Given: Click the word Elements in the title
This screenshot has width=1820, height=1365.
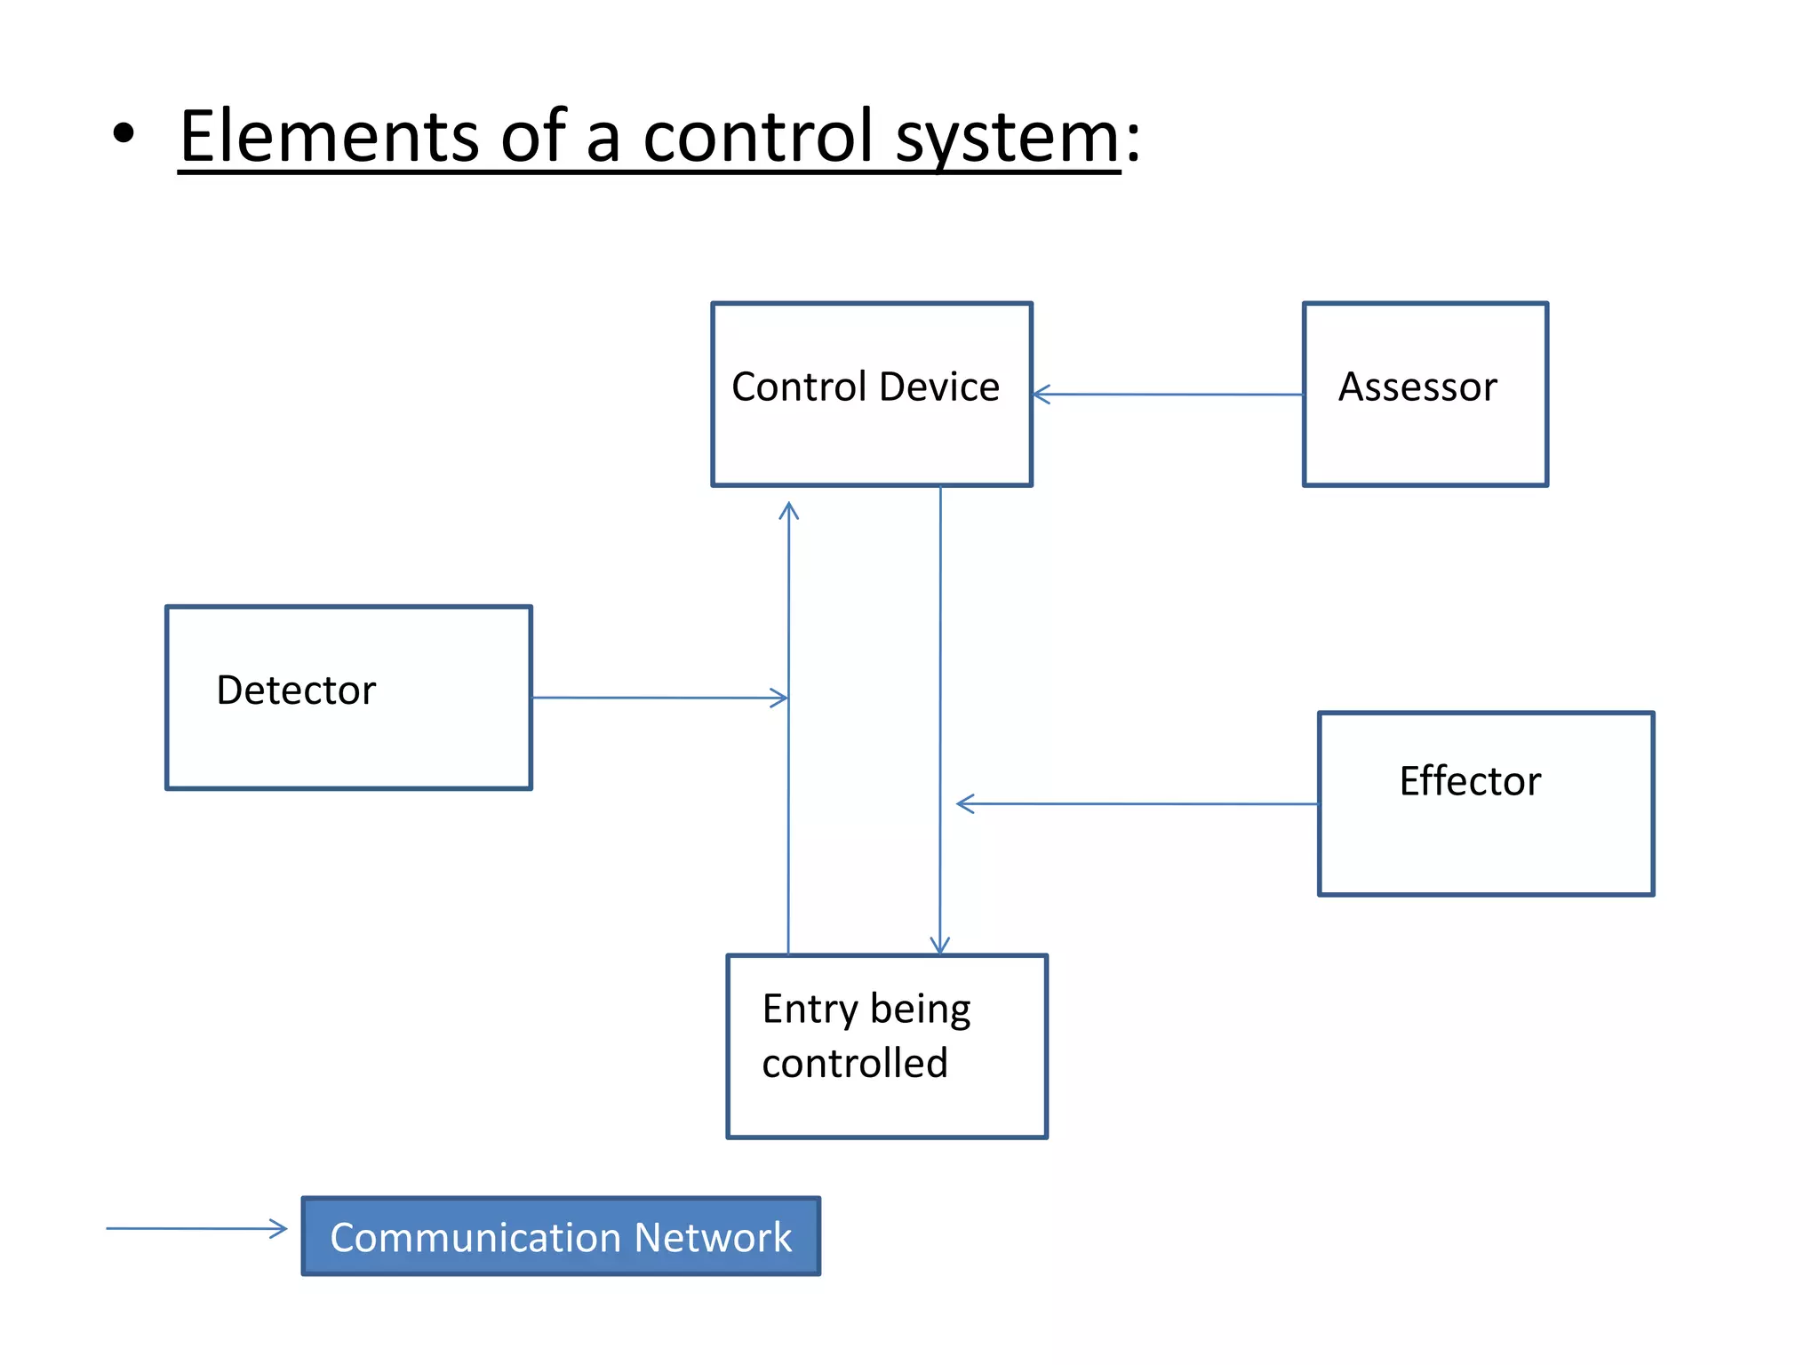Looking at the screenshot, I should tap(329, 137).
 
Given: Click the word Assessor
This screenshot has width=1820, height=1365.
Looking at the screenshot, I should tap(1417, 387).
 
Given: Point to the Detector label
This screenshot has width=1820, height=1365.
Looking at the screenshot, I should tap(296, 690).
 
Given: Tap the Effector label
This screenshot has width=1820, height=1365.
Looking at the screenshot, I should tap(1470, 782).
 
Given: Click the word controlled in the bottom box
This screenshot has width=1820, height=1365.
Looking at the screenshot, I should tap(855, 1064).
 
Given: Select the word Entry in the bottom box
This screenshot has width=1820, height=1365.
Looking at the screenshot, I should tap(810, 1010).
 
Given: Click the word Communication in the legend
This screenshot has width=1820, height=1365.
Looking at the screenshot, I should tap(475, 1238).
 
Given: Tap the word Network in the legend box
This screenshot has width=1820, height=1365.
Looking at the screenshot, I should tap(713, 1238).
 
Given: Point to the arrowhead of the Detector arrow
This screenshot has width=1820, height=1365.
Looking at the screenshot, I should tap(780, 698).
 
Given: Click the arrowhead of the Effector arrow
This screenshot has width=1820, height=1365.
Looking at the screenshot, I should tap(963, 803).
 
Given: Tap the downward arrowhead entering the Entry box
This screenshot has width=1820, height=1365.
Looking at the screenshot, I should tap(940, 947).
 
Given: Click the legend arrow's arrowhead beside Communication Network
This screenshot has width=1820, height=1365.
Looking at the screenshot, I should tap(280, 1229).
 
